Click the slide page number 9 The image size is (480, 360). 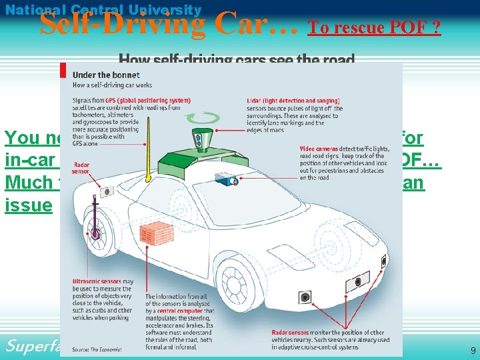(473, 350)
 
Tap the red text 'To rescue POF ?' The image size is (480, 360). (374, 28)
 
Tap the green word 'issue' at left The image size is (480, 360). (28, 205)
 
